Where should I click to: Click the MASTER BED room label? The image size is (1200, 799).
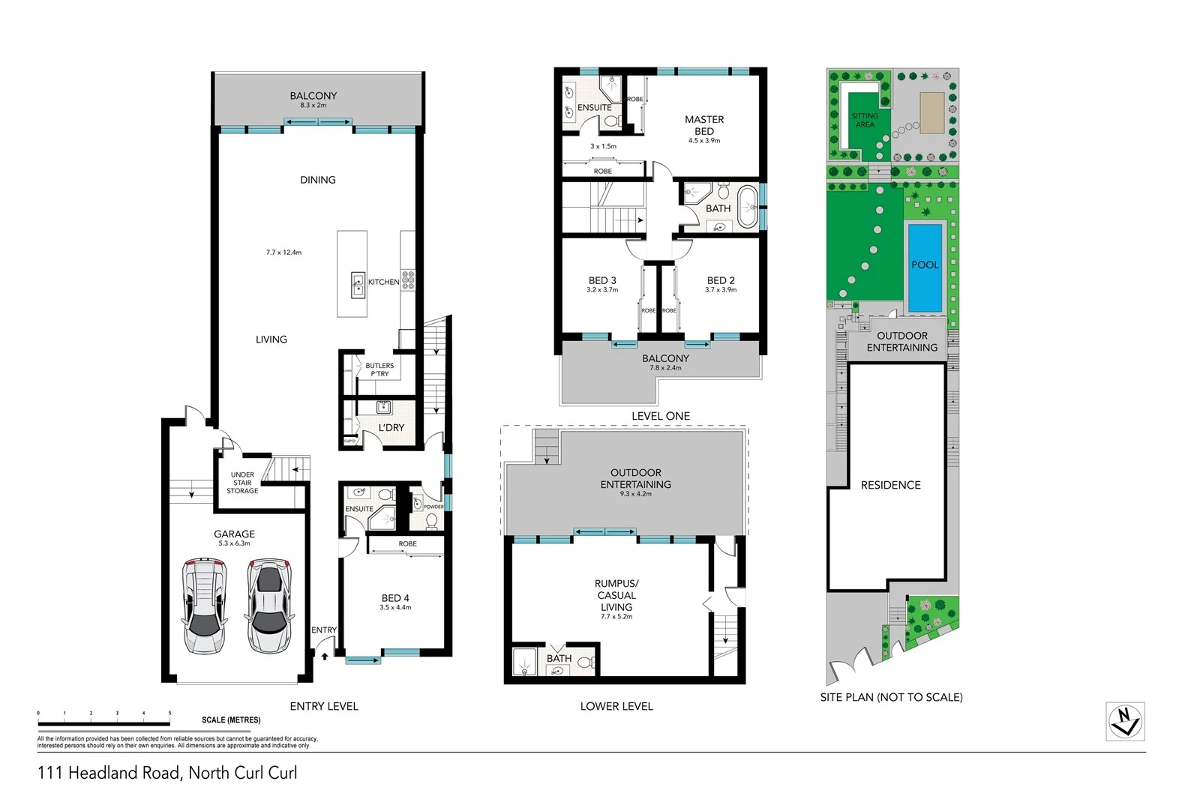coord(704,125)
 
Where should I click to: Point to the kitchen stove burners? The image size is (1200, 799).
coord(408,280)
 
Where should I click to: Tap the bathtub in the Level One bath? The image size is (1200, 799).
coord(747,208)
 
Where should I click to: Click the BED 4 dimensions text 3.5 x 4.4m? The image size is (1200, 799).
coord(395,608)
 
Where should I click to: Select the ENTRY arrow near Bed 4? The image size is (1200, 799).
coord(325,656)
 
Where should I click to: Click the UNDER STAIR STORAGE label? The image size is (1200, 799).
coord(242,483)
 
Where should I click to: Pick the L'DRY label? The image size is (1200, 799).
coord(391,427)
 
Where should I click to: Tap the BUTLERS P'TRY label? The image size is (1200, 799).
coord(379,370)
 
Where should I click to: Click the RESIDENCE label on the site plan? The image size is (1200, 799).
coord(890,485)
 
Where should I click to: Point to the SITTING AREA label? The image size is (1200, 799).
coord(864,120)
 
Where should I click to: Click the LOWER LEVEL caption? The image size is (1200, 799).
coord(616,706)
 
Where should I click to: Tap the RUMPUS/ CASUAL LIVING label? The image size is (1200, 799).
coord(616,595)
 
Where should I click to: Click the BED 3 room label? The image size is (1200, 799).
coord(602,280)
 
